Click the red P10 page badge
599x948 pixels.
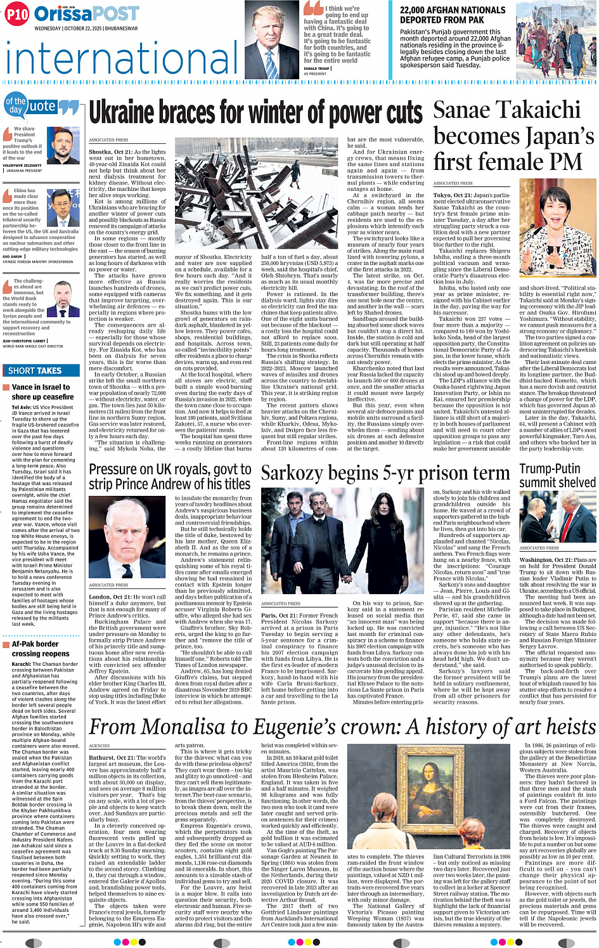[18, 14]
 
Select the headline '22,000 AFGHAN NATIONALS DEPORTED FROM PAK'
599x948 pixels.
[453, 15]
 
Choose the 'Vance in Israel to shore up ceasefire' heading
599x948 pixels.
[42, 392]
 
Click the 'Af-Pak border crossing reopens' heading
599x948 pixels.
[41, 648]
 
